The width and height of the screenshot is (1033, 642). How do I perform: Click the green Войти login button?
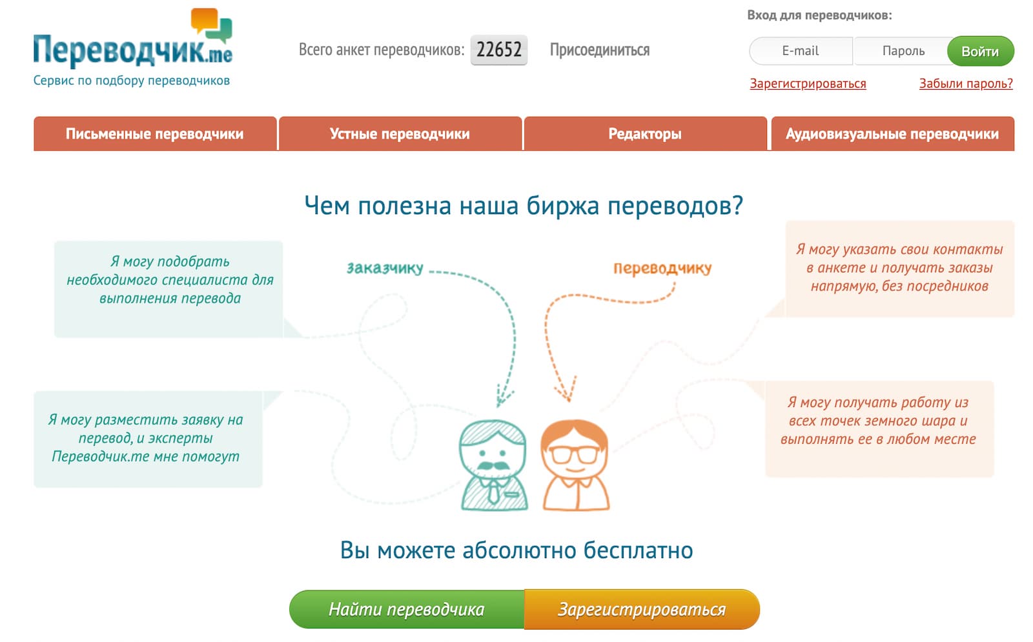pyautogui.click(x=979, y=52)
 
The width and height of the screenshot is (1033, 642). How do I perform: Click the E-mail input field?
pyautogui.click(x=801, y=51)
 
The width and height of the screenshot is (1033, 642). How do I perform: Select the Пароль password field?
pyautogui.click(x=903, y=51)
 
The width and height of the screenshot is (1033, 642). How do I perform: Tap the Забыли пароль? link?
pyautogui.click(x=965, y=84)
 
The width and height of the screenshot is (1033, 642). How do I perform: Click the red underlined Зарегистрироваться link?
pyautogui.click(x=808, y=84)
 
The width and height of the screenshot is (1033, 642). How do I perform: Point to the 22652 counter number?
pyautogui.click(x=498, y=50)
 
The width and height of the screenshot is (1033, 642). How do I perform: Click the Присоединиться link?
pyautogui.click(x=599, y=50)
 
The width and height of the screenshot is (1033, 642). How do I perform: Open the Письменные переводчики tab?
pyautogui.click(x=155, y=134)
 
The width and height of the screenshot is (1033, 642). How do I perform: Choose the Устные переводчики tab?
pyautogui.click(x=400, y=134)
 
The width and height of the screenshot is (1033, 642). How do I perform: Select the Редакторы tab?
pyautogui.click(x=645, y=134)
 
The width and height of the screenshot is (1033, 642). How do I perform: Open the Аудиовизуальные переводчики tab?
pyautogui.click(x=892, y=134)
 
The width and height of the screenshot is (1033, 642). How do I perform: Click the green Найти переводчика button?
pyautogui.click(x=407, y=609)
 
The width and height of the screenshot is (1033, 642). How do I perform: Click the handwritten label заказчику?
pyautogui.click(x=385, y=268)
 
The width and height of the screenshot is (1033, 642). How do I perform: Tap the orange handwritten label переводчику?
pyautogui.click(x=662, y=268)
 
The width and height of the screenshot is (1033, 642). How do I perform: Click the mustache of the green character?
pyautogui.click(x=492, y=465)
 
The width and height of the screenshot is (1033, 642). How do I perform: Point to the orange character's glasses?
pyautogui.click(x=574, y=454)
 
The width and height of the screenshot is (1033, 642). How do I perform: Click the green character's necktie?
pyautogui.click(x=493, y=494)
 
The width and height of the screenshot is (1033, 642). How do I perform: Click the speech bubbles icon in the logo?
pyautogui.click(x=211, y=25)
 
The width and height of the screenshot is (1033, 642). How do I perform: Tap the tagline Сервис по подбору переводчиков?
pyautogui.click(x=132, y=81)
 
